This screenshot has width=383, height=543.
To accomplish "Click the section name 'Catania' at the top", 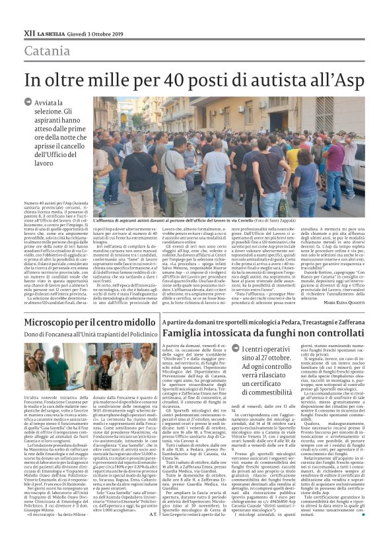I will tap(48, 51).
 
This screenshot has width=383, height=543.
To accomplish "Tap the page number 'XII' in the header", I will tap(28, 32).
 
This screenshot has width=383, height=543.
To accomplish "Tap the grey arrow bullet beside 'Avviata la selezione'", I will tap(28, 103).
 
